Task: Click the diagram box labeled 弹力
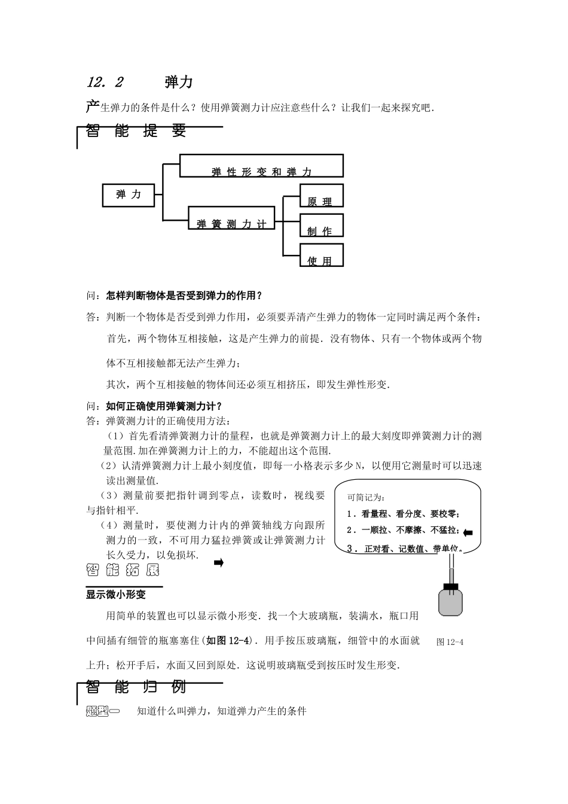pyautogui.click(x=129, y=195)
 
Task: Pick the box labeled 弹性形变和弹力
pyautogui.click(x=261, y=166)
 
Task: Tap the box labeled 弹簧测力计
pyautogui.click(x=231, y=217)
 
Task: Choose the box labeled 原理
pyautogui.click(x=321, y=196)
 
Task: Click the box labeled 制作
pyautogui.click(x=321, y=224)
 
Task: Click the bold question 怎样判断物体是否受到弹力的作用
pyautogui.click(x=184, y=296)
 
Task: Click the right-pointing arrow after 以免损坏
pyautogui.click(x=218, y=562)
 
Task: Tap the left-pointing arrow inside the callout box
pyautogui.click(x=468, y=532)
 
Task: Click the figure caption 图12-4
pyautogui.click(x=450, y=642)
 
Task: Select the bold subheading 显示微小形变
pyautogui.click(x=116, y=595)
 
